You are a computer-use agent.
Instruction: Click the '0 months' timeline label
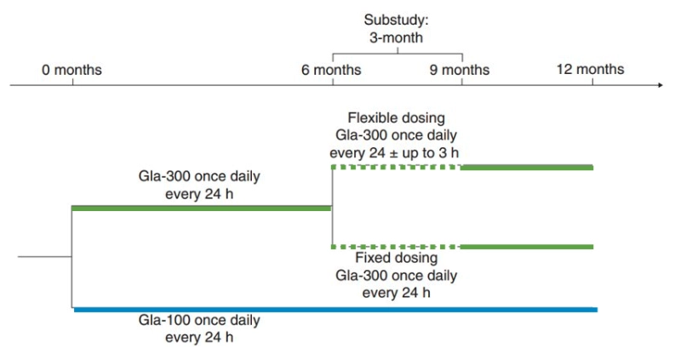pyautogui.click(x=72, y=70)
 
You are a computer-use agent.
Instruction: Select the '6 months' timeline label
pyautogui.click(x=331, y=70)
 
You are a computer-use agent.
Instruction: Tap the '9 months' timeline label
pyautogui.click(x=460, y=70)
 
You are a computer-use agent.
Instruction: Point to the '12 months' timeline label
pyautogui.click(x=590, y=69)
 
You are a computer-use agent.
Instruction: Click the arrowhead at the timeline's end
pyautogui.click(x=661, y=85)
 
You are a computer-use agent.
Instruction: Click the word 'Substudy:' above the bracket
pyautogui.click(x=396, y=20)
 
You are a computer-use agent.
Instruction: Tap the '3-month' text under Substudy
pyautogui.click(x=396, y=37)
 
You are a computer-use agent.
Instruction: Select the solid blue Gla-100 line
pyautogui.click(x=335, y=310)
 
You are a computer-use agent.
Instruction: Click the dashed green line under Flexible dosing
pyautogui.click(x=396, y=167)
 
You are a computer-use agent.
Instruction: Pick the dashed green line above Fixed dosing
pyautogui.click(x=396, y=247)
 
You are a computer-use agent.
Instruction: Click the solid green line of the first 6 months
pyautogui.click(x=201, y=209)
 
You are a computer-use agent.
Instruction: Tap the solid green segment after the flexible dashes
pyautogui.click(x=527, y=168)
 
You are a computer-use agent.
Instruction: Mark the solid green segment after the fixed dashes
pyautogui.click(x=527, y=247)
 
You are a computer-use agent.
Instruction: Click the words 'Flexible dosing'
pyautogui.click(x=396, y=118)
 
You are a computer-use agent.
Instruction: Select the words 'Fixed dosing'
pyautogui.click(x=396, y=258)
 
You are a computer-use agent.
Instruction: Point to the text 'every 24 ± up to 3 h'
pyautogui.click(x=394, y=153)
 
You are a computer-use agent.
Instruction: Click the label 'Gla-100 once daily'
pyautogui.click(x=199, y=320)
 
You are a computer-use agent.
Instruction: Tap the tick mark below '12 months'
pyautogui.click(x=592, y=82)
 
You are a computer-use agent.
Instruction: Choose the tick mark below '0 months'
pyautogui.click(x=72, y=82)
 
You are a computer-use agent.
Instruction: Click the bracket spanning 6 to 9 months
pyautogui.click(x=398, y=54)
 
